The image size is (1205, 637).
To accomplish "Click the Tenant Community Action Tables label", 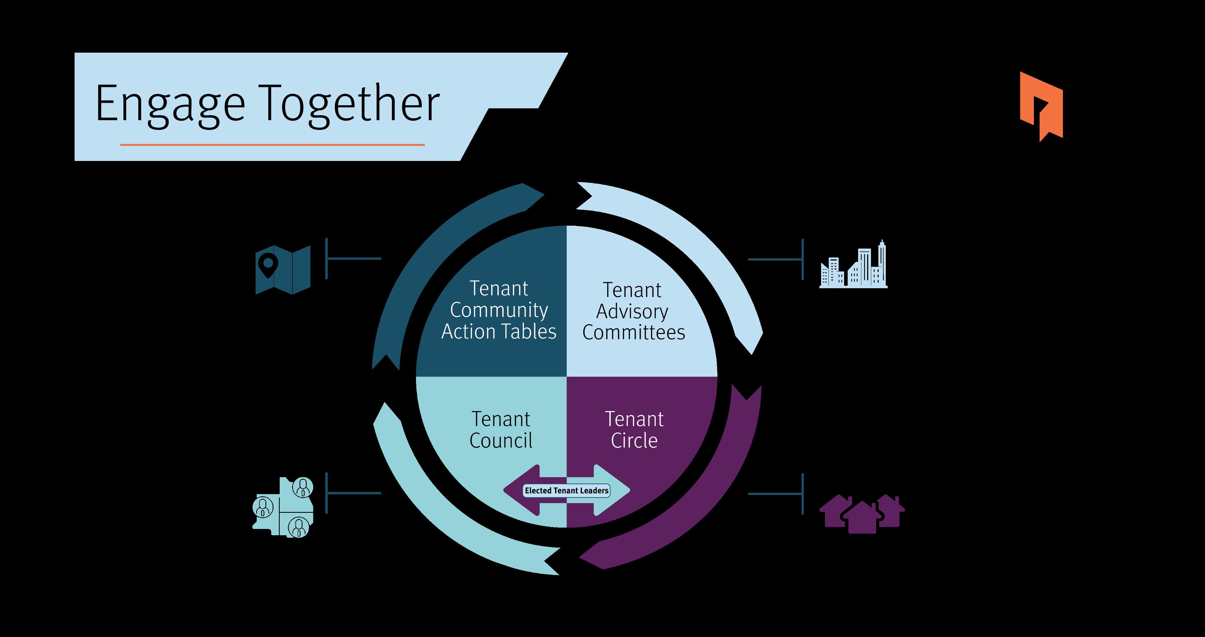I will [x=499, y=310].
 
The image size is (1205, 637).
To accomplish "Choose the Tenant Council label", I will [x=500, y=430].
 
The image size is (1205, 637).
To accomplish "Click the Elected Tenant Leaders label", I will [x=567, y=491].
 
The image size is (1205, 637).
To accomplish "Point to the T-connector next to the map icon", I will [x=346, y=258].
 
